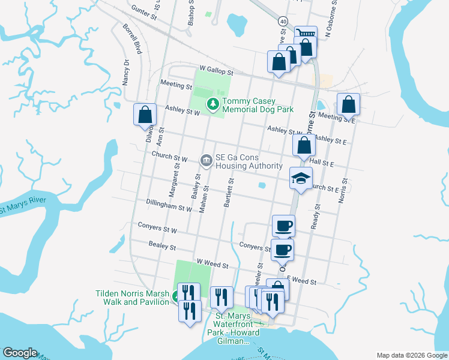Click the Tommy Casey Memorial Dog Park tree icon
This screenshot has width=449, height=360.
212,105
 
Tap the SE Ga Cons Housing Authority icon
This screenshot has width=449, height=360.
205,160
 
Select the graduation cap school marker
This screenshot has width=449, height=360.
301,178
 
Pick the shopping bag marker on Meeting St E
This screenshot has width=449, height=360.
348,104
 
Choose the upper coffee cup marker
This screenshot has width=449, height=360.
283,226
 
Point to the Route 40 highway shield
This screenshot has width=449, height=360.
283,21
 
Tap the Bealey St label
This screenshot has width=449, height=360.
163,247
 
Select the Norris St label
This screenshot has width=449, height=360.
343,190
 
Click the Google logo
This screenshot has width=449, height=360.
20,353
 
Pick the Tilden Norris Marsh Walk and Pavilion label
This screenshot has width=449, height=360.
132,298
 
